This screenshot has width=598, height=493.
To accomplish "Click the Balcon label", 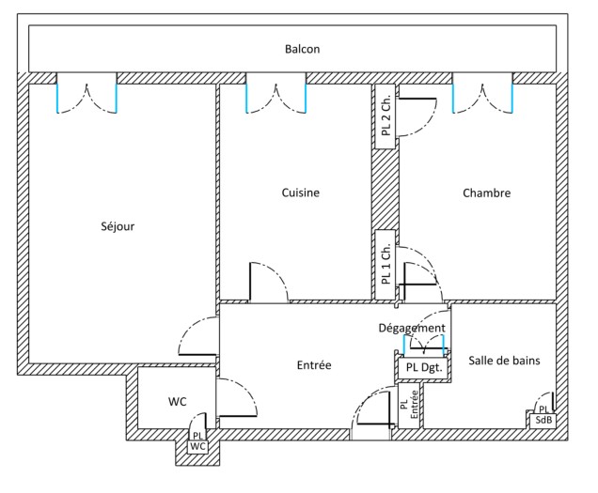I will pos(303,49).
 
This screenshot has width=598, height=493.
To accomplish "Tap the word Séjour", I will pos(118,226).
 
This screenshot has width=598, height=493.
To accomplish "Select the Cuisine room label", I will pos(301,193).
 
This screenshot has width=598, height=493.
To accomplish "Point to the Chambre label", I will pos(486,193).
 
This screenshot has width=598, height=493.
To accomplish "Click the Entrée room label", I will pos(313,364).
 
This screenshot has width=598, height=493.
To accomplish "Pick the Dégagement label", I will pos(411,328).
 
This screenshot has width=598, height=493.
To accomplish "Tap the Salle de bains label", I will pos(504,360).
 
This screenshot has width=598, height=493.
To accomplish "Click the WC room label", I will pos(178,402).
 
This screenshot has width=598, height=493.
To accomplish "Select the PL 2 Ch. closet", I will pos(386,116).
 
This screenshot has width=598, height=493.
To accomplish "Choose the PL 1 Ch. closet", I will pos(386,264).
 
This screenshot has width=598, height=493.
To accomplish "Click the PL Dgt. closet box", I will pos(419,368).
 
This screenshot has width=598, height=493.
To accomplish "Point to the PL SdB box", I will pos(543,416).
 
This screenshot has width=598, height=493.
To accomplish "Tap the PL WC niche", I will pos(197,441).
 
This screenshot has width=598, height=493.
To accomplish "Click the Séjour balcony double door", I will pos(87,94).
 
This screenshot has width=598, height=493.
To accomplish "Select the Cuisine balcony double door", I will pos(275,94).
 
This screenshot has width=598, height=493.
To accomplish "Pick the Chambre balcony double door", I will pos(482,94).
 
